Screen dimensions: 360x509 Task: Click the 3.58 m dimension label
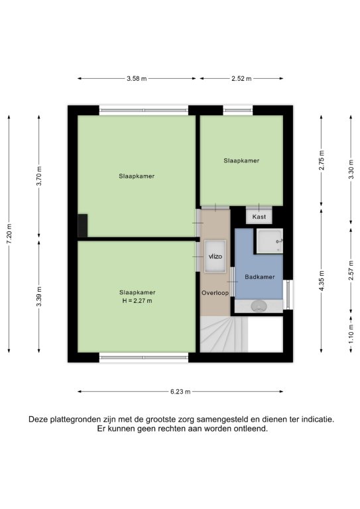coord(137,78)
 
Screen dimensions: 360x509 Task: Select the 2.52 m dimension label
coord(241,78)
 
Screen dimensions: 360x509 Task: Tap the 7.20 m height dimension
coord(9,234)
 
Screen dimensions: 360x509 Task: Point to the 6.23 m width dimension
coord(180,392)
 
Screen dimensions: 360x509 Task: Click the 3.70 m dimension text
coord(39,176)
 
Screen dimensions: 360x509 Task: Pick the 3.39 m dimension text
coord(39,296)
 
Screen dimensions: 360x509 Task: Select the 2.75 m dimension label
coord(322,160)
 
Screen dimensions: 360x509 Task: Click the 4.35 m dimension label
coord(322,280)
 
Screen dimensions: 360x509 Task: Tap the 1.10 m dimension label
coord(351,334)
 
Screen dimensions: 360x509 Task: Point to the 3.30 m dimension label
coord(351,170)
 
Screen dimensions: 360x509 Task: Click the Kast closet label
coord(259,217)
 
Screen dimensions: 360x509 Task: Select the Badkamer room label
coord(260,277)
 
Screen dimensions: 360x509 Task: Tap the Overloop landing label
coord(215,293)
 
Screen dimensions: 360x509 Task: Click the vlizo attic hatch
coord(215,256)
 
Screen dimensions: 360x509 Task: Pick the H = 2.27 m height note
coord(137,301)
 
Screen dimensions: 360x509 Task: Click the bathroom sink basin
coord(259,306)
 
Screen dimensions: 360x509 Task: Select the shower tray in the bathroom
coord(269,241)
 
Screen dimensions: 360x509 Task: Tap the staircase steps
coord(224,334)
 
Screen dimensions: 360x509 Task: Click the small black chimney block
coord(82,225)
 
